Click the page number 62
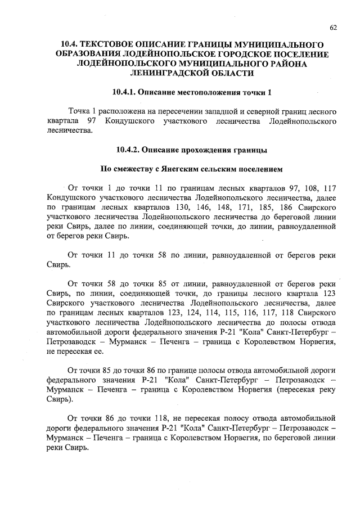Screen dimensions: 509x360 (x=333, y=27)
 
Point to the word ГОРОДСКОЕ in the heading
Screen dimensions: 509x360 (x=224, y=53)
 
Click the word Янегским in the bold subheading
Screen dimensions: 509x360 (x=182, y=169)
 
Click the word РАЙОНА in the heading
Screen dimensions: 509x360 (x=286, y=63)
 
